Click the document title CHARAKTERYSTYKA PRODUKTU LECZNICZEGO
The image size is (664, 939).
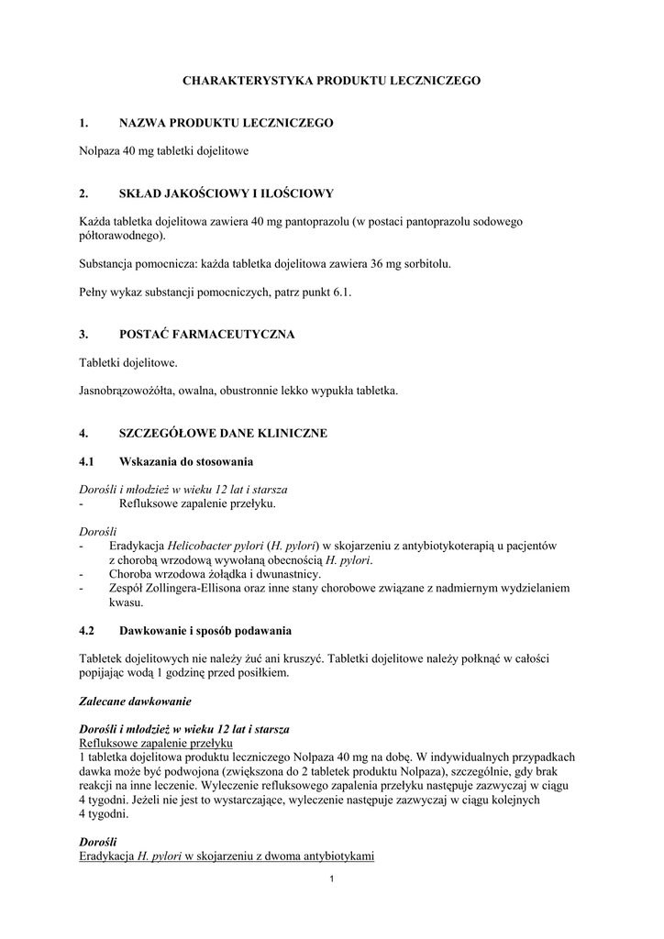point(331,81)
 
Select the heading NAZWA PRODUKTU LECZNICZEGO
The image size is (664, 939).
point(226,122)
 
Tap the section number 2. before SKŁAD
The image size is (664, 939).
point(83,193)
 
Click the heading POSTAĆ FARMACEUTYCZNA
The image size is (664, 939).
point(206,335)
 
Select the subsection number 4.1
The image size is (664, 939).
point(88,460)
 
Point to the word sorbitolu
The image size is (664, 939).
point(423,263)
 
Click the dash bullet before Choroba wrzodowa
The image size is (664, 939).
point(83,574)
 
